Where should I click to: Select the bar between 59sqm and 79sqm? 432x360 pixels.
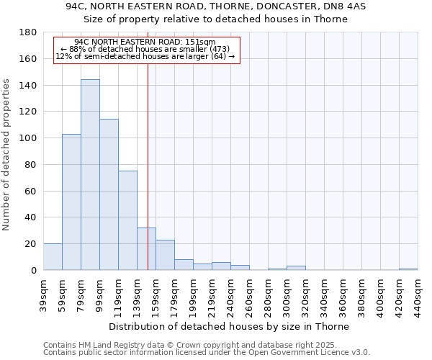(x=71, y=202)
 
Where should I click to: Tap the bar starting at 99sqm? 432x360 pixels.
(x=109, y=194)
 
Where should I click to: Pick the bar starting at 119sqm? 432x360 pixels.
(x=127, y=220)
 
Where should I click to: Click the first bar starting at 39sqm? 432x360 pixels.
(x=53, y=257)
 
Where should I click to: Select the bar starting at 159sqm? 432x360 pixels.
(x=165, y=255)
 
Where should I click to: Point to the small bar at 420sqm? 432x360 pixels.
(x=408, y=269)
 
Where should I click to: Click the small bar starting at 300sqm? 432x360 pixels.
(x=296, y=268)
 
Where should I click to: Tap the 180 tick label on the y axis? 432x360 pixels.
(x=28, y=32)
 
